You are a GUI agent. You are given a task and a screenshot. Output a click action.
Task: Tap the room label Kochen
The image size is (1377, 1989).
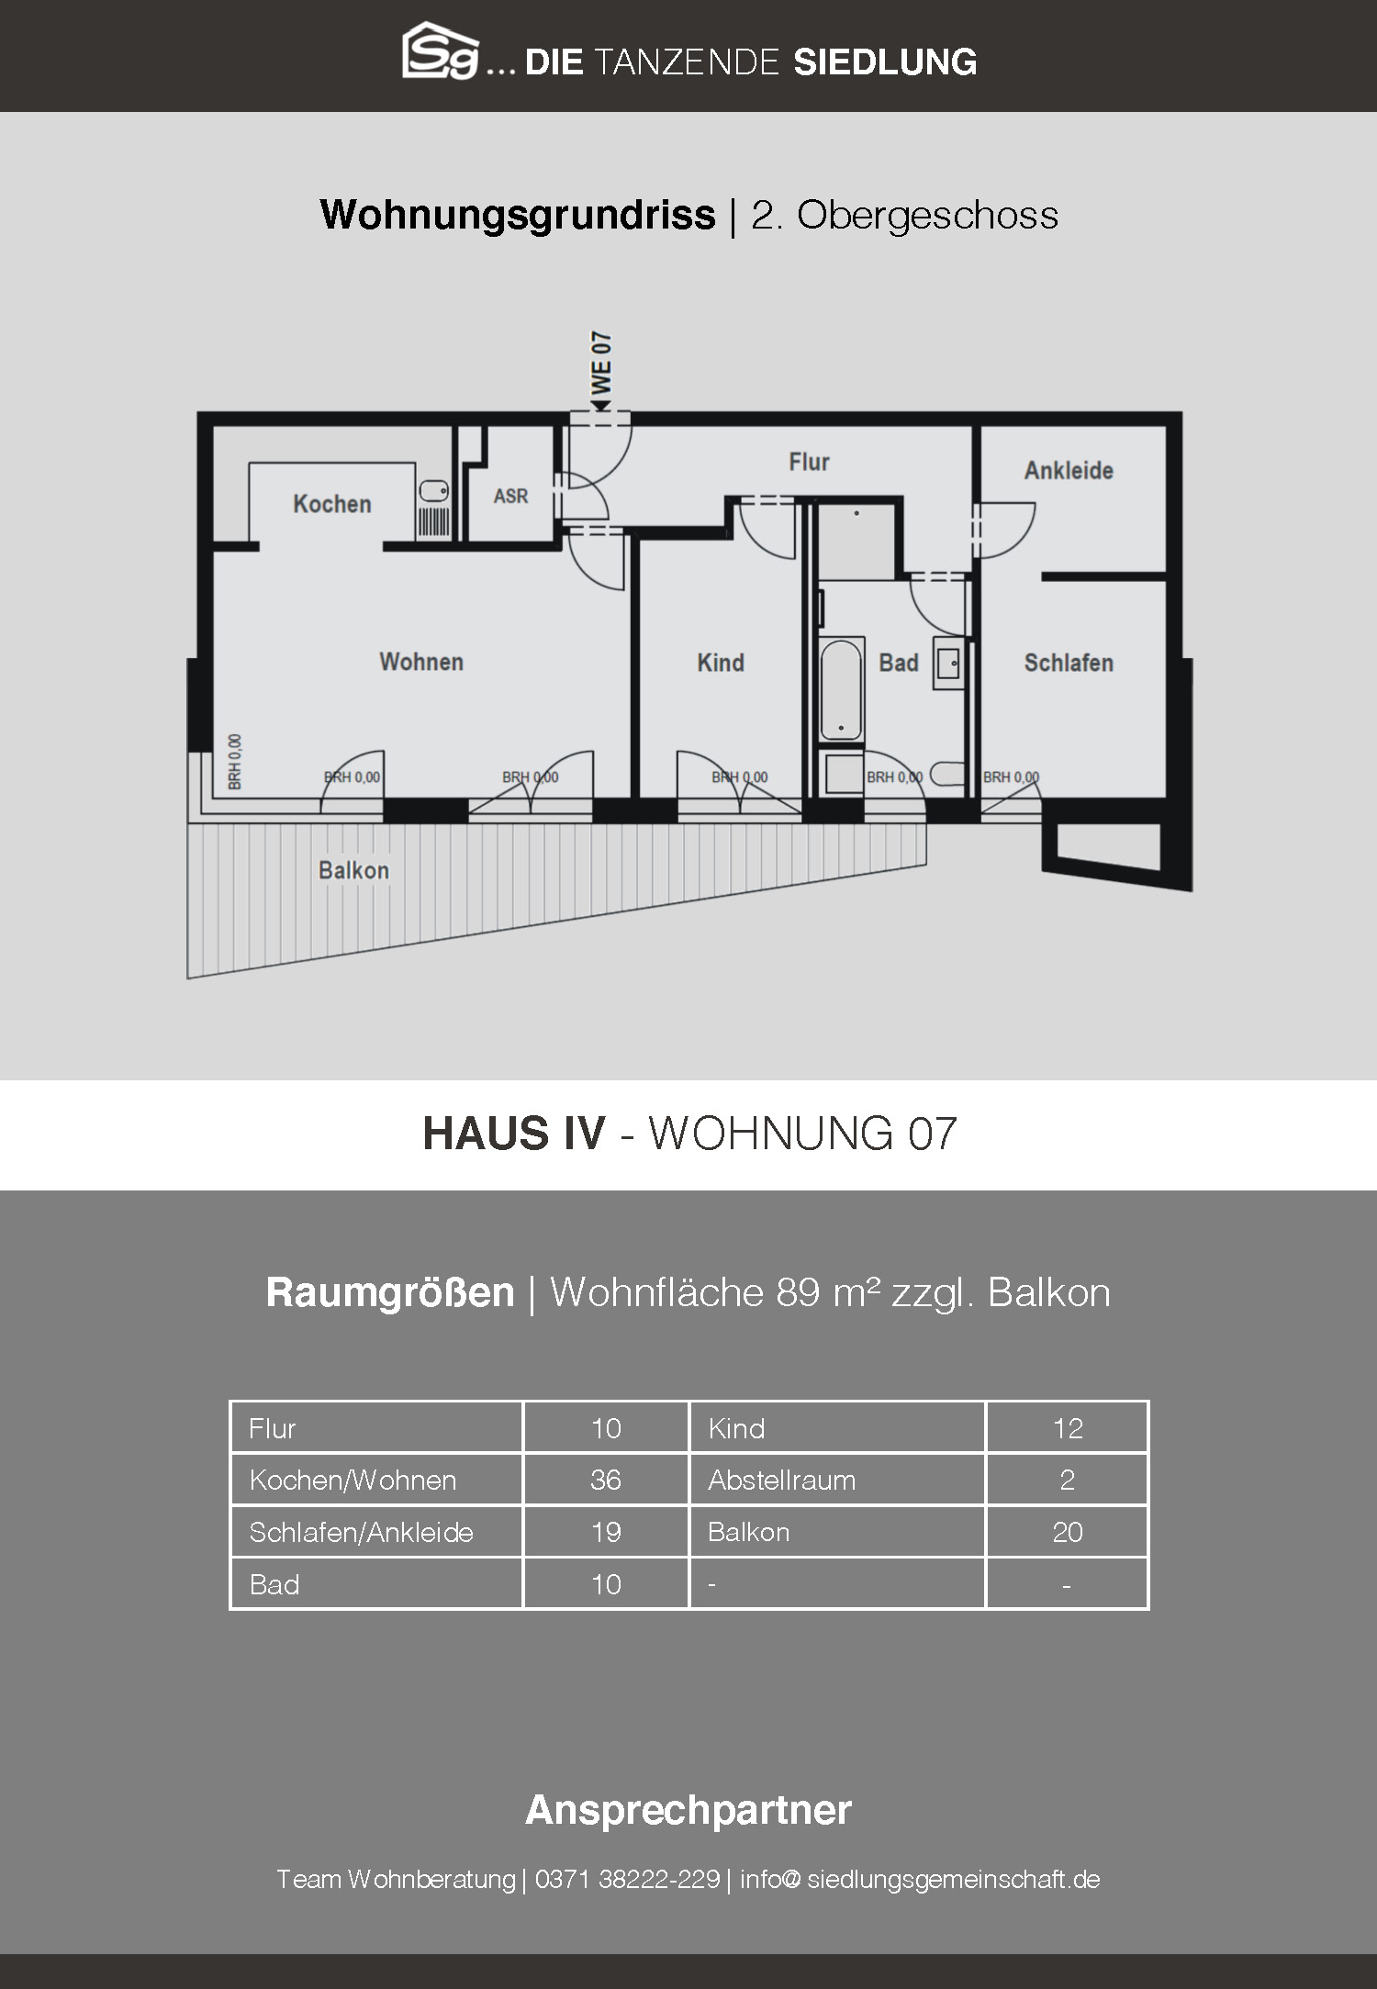tap(332, 504)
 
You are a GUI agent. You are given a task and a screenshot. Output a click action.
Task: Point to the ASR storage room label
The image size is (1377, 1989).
tap(511, 496)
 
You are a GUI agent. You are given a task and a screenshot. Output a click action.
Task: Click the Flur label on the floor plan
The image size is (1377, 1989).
tap(809, 462)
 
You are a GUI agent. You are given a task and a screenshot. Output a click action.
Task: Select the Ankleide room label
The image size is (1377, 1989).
tap(1069, 470)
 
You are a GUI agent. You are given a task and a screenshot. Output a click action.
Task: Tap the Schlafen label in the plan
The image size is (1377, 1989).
tap(1069, 663)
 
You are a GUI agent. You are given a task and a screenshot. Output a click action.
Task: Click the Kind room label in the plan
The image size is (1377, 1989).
tap(721, 663)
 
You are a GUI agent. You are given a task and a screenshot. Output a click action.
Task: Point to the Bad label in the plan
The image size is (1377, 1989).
tap(899, 663)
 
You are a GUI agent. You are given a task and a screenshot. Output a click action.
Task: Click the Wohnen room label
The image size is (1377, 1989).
tap(421, 662)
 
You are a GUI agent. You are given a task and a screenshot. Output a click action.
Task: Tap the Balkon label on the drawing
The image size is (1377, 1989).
tap(353, 870)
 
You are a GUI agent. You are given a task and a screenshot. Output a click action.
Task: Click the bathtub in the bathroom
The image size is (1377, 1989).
tap(841, 688)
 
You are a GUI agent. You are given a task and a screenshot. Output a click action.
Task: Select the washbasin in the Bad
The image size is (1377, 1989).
tap(948, 663)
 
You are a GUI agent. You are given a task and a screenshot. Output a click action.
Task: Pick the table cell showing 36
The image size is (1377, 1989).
tap(606, 1480)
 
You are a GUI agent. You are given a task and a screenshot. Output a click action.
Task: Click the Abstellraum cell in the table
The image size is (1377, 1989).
tap(782, 1480)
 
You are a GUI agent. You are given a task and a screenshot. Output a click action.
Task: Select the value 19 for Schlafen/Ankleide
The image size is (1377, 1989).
tap(606, 1532)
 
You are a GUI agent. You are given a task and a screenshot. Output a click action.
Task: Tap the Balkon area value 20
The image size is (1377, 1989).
tap(1068, 1532)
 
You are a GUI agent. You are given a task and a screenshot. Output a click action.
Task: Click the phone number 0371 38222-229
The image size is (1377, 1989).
tap(627, 1879)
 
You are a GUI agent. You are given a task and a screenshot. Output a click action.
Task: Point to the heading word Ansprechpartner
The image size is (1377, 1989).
tap(688, 1811)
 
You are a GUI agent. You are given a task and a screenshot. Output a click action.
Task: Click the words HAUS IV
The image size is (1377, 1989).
tap(514, 1134)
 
